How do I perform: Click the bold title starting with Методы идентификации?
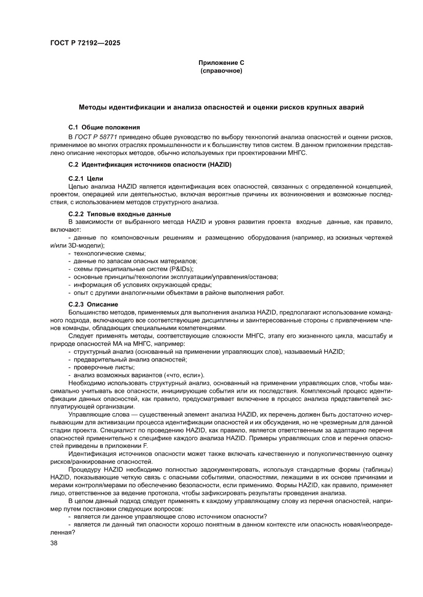pos(221,108)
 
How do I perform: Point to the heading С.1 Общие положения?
pos(104,126)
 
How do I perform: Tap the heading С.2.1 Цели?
pos(85,178)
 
